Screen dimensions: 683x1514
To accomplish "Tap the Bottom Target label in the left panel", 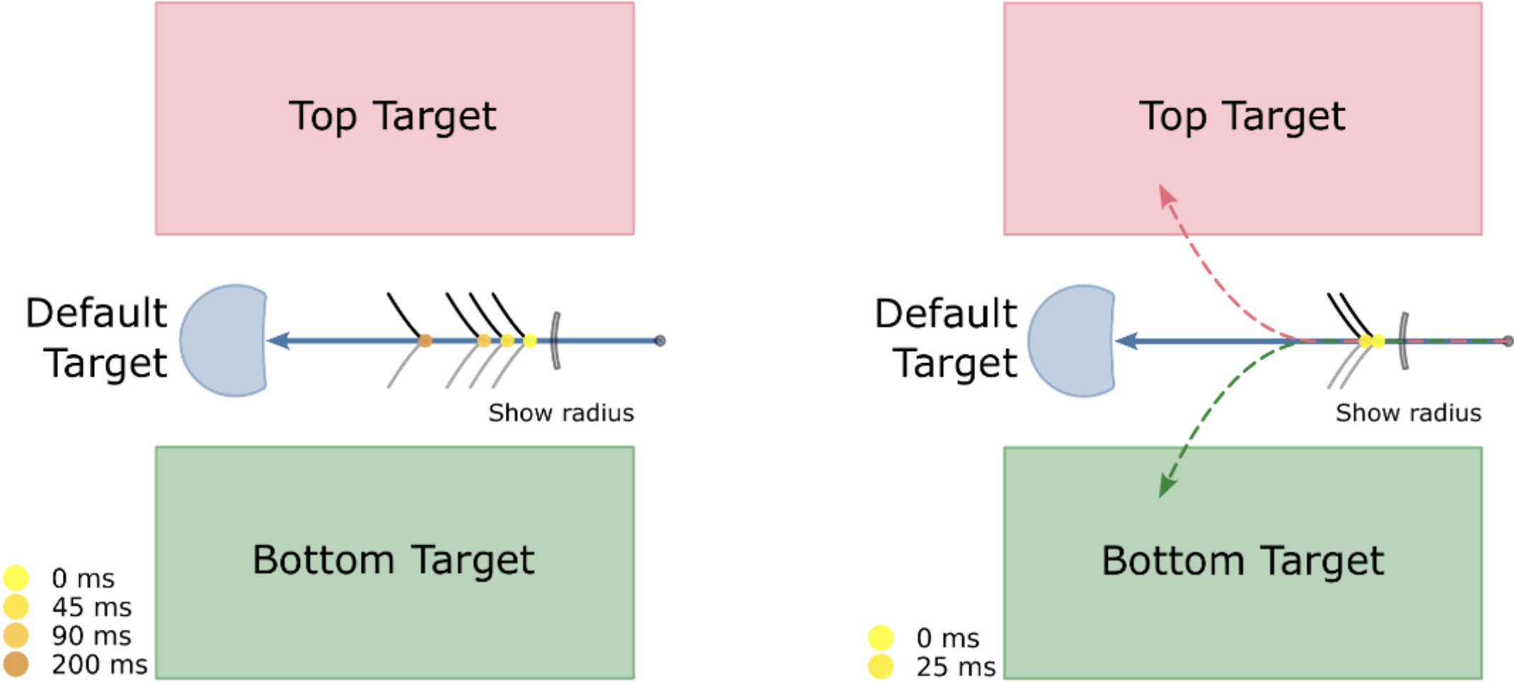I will (x=393, y=560).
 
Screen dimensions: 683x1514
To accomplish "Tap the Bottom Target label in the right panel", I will (x=1242, y=561).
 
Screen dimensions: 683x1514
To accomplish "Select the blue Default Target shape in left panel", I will (x=224, y=340).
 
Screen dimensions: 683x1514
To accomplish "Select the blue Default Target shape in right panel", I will (x=1072, y=340).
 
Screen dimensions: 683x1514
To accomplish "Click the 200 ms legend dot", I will (x=16, y=665).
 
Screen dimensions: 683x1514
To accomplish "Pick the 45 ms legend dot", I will (x=16, y=607).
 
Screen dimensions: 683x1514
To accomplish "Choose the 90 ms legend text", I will (x=91, y=636).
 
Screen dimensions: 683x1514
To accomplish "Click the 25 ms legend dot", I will (x=881, y=667).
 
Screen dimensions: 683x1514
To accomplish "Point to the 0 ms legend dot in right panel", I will (x=881, y=637).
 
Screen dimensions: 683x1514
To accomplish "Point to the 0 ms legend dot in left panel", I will (x=16, y=578).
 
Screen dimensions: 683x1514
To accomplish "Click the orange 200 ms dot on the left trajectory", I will (x=425, y=340).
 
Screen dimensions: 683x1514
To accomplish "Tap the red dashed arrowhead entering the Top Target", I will (x=1166, y=195).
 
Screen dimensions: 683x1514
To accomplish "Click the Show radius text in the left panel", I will (x=561, y=413).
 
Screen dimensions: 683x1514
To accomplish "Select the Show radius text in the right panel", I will (x=1408, y=413).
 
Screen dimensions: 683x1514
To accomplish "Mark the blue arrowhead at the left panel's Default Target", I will (x=278, y=340).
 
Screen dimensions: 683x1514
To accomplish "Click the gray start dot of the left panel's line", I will (x=660, y=340).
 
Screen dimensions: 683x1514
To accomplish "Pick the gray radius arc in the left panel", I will (x=556, y=340).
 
